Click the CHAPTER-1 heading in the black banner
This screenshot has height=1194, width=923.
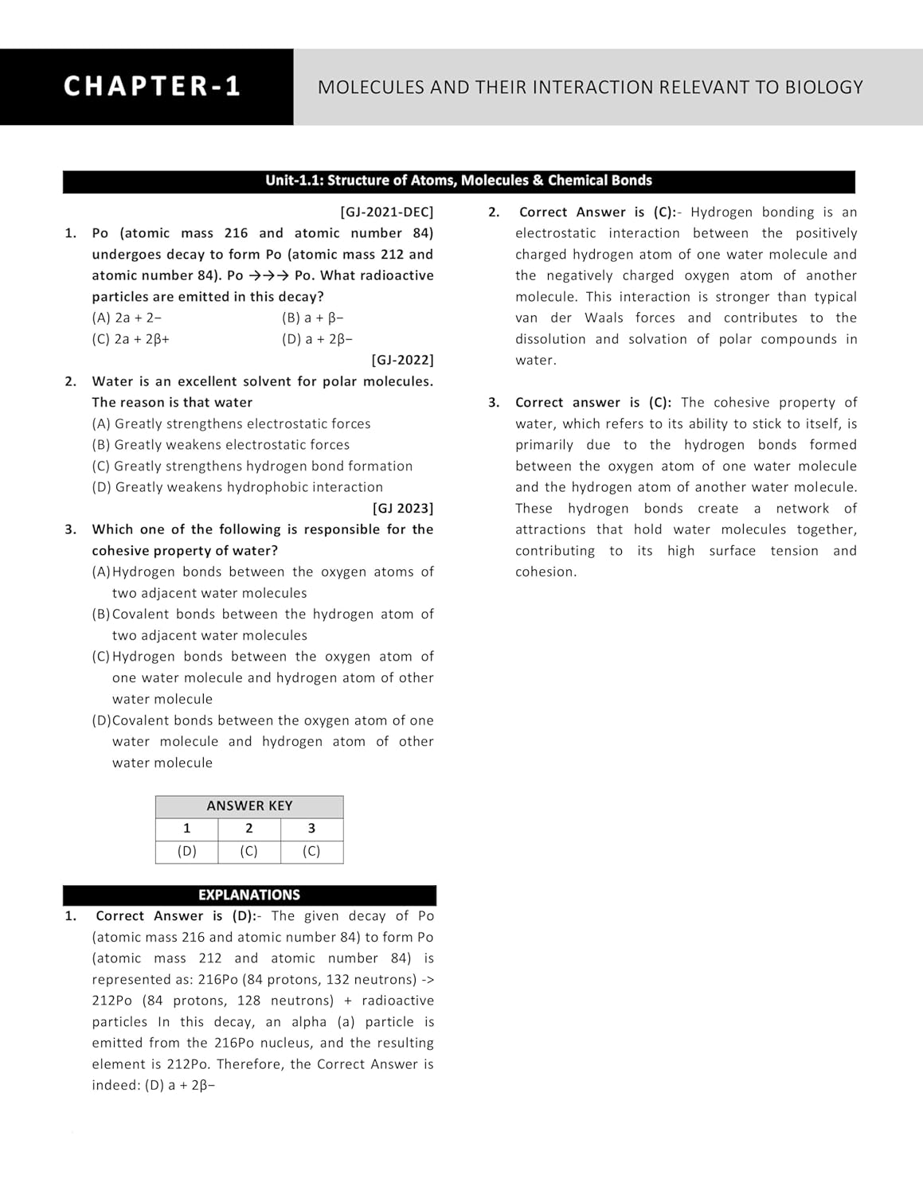pos(152,86)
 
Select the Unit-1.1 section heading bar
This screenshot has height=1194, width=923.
pos(459,181)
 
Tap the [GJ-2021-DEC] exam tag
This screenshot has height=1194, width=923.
pos(387,212)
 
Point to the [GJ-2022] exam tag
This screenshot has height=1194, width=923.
pos(402,360)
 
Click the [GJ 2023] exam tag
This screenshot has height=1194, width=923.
pos(403,508)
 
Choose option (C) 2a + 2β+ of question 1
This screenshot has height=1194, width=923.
pos(131,338)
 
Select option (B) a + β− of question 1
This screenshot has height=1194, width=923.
pos(313,318)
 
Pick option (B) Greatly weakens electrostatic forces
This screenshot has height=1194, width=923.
pos(221,445)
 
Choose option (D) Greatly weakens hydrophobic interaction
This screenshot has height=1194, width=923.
pos(237,487)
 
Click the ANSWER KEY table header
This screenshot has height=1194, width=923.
pos(249,806)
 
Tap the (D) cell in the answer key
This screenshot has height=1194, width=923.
pos(187,851)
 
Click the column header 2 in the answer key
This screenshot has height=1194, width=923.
pos(249,829)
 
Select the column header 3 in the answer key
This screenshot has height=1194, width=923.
pos(311,829)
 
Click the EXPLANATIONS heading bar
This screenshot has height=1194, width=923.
pos(249,895)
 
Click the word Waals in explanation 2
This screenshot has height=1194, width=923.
pos(604,318)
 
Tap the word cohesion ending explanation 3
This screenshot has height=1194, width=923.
pos(545,572)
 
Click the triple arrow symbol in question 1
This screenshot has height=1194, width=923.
pos(268,275)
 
